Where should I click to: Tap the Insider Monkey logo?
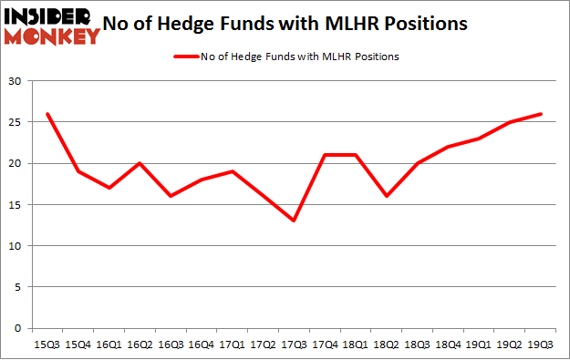tap(52, 26)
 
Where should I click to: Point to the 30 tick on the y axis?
tap(16, 82)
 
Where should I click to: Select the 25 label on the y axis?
tap(16, 123)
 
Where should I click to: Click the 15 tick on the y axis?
tap(16, 205)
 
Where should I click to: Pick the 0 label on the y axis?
tap(18, 328)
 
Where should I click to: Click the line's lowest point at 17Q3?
tap(292, 221)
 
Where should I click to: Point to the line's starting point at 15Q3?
tap(47, 114)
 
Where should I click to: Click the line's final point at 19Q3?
tap(542, 114)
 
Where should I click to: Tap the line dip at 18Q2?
tap(389, 196)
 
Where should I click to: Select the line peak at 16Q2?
tap(140, 164)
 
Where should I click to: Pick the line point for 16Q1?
tap(109, 188)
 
